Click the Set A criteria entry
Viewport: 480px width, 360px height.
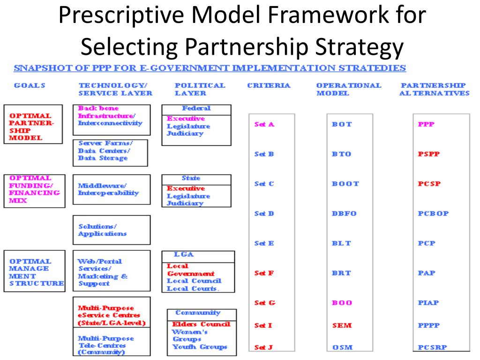[264, 125]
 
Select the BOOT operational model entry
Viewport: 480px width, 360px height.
[345, 184]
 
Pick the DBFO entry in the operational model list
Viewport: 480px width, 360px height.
[344, 214]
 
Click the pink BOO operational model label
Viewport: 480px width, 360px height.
[342, 303]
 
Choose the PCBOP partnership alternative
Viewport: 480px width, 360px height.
[433, 214]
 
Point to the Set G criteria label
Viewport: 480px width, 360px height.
[264, 303]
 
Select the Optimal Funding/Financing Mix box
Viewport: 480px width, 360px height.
[33, 189]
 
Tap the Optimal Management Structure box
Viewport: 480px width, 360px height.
[34, 271]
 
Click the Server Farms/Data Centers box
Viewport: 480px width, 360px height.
[110, 152]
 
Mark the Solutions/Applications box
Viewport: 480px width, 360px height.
[112, 230]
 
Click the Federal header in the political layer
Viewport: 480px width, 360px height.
[196, 109]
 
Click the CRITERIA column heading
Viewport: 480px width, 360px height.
[269, 86]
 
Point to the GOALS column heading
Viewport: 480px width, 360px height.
[30, 86]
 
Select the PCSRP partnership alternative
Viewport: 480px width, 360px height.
[432, 348]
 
